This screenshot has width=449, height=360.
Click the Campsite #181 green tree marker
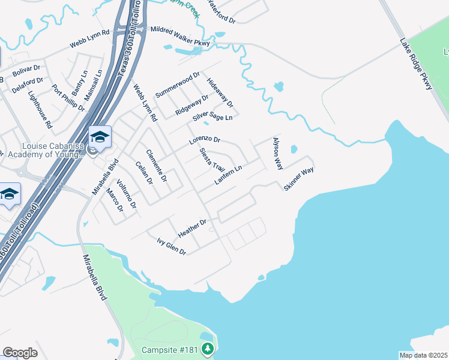tap(207, 349)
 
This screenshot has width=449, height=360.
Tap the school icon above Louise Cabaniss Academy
tap(100, 137)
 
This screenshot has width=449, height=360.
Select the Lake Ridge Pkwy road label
tap(416, 65)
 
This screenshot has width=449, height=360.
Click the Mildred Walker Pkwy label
tap(180, 36)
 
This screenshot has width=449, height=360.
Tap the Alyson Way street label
tap(277, 154)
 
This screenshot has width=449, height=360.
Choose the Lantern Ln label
tap(228, 175)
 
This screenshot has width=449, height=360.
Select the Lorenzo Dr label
tap(205, 141)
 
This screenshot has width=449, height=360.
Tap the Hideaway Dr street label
tap(219, 92)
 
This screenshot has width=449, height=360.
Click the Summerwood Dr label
tap(177, 85)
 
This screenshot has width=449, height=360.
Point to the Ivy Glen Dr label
tap(171, 246)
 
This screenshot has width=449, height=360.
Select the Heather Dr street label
tap(192, 228)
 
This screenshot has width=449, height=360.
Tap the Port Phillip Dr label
tap(68, 98)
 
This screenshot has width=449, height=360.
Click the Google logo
tap(20, 353)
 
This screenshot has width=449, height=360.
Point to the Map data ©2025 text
tap(423, 355)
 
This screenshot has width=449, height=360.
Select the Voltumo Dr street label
tap(127, 194)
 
